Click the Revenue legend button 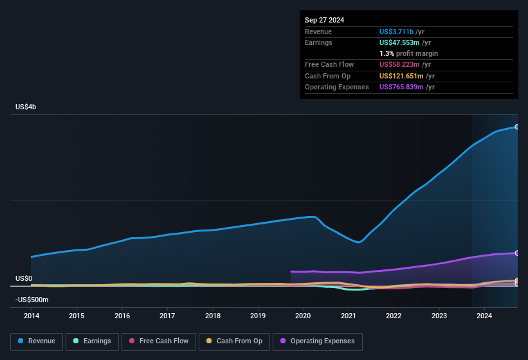click(x=37, y=341)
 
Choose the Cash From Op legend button click(x=233, y=341)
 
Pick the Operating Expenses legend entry click(x=318, y=341)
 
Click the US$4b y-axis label click(x=26, y=107)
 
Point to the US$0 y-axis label click(x=24, y=278)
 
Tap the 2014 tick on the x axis click(x=31, y=316)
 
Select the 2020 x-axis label click(x=303, y=316)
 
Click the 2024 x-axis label click(x=484, y=316)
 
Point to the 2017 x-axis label click(x=167, y=316)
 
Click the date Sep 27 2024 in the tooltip click(x=324, y=20)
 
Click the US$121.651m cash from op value click(x=403, y=76)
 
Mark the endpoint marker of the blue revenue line click(x=517, y=127)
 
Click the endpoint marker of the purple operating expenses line click(x=517, y=253)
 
